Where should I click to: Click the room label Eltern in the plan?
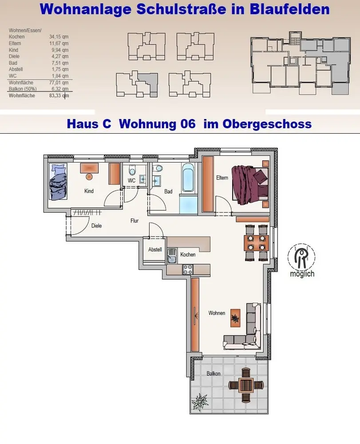[x=222, y=178]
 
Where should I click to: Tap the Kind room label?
[x=89, y=191]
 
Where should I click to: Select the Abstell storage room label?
[x=155, y=250]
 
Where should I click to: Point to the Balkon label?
[x=214, y=373]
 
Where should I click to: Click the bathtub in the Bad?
[x=188, y=177]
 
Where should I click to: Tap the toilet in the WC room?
[x=132, y=170]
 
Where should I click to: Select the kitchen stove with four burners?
[x=188, y=269]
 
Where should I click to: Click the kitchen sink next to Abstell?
[x=171, y=256]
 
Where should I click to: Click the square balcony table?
[x=246, y=385]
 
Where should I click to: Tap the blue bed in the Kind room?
[x=58, y=182]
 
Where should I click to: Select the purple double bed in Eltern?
[x=249, y=184]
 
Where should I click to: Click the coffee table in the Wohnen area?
[x=235, y=318]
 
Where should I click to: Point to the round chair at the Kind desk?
[x=89, y=177]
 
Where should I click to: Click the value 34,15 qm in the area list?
[x=59, y=36]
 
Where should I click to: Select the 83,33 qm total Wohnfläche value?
[x=59, y=95]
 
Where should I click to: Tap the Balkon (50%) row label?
[x=23, y=89]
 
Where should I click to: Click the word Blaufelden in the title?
[x=290, y=9]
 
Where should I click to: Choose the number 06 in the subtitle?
[x=188, y=124]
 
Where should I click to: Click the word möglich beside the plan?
[x=302, y=274]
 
